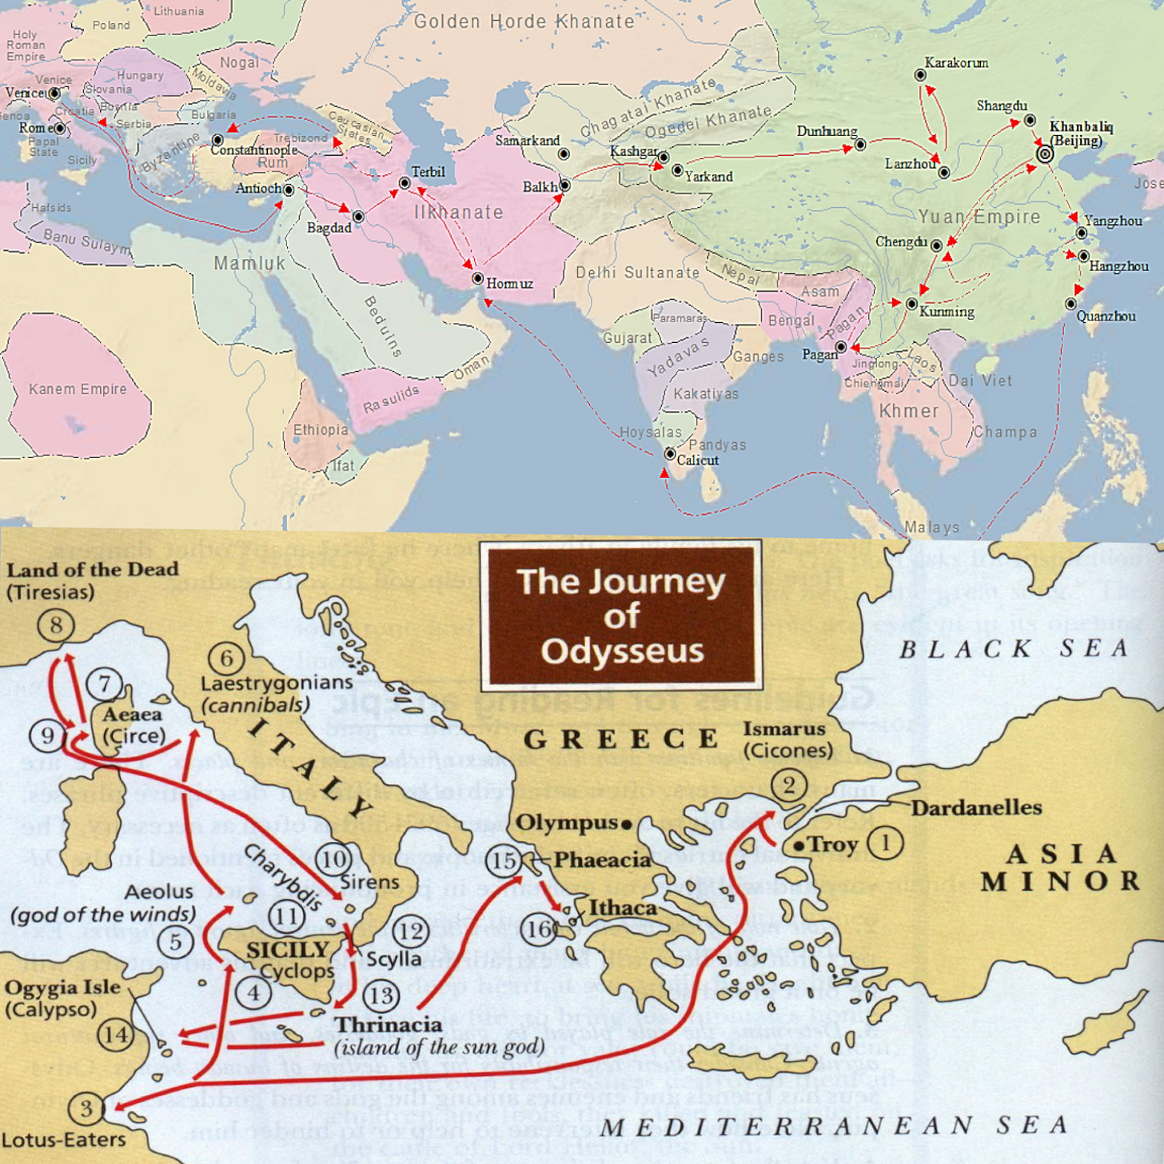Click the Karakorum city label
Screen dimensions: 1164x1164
pyautogui.click(x=956, y=63)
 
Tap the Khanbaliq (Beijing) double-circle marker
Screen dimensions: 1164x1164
pyautogui.click(x=1045, y=154)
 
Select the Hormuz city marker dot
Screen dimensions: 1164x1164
pyautogui.click(x=477, y=279)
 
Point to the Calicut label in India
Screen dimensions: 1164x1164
pyautogui.click(x=697, y=460)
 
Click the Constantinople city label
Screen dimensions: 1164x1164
pyautogui.click(x=254, y=150)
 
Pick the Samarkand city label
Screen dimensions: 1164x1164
pyautogui.click(x=528, y=141)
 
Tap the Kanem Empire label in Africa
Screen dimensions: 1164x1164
pyautogui.click(x=78, y=389)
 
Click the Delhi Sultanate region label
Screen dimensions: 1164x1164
pyautogui.click(x=638, y=273)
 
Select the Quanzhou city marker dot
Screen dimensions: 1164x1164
pyautogui.click(x=1070, y=304)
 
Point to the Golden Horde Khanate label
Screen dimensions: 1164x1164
pyautogui.click(x=524, y=22)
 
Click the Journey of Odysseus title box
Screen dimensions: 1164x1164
pyautogui.click(x=621, y=616)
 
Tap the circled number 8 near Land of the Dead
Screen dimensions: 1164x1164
pyautogui.click(x=56, y=625)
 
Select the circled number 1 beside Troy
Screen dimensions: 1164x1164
pyautogui.click(x=885, y=843)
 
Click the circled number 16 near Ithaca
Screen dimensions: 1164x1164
pyautogui.click(x=540, y=929)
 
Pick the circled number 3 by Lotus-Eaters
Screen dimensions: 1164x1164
pyautogui.click(x=86, y=1109)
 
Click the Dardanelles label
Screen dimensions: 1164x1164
pyautogui.click(x=976, y=807)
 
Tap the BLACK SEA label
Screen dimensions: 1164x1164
pyautogui.click(x=1014, y=649)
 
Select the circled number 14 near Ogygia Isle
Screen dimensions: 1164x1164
pyautogui.click(x=116, y=1035)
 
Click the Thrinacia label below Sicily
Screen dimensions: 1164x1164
pyautogui.click(x=389, y=1025)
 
